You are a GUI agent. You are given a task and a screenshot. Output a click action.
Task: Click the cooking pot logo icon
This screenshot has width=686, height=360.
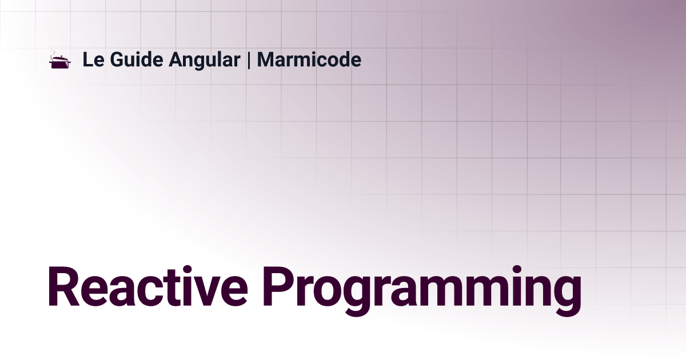(60, 59)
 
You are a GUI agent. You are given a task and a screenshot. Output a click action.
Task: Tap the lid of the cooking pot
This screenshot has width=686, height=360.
(60, 58)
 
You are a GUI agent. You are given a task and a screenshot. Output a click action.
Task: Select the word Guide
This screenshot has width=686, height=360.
(136, 59)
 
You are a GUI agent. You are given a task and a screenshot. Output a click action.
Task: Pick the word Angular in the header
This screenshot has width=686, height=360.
(204, 61)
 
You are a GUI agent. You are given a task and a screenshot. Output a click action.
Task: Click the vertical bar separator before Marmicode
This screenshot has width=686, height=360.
(248, 60)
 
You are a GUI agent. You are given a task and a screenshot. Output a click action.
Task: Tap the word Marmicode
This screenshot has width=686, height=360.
(309, 59)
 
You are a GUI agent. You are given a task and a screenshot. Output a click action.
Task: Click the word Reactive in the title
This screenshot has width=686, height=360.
(147, 286)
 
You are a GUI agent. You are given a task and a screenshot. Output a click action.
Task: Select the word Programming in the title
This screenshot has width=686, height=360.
(422, 290)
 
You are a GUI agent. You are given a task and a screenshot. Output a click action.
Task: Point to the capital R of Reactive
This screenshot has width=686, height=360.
(63, 286)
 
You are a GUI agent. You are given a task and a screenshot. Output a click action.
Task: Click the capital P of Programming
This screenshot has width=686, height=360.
(280, 286)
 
